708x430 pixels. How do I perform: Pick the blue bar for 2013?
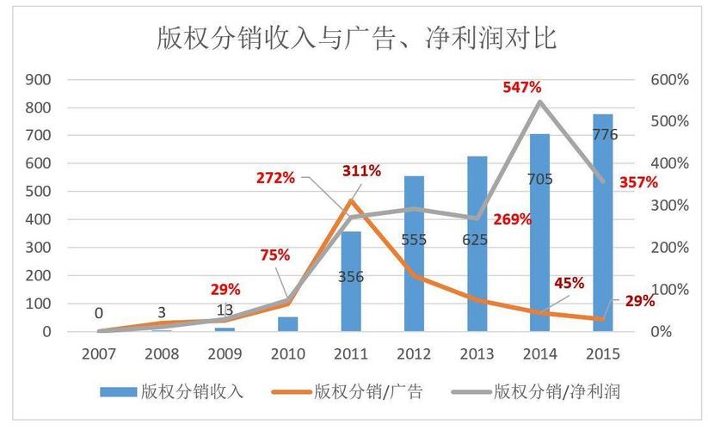click(x=477, y=249)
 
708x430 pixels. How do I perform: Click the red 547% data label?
click(x=521, y=87)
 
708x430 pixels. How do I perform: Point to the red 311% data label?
click(x=360, y=170)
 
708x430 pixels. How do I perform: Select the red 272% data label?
click(x=275, y=178)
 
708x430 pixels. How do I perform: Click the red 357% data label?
click(x=640, y=181)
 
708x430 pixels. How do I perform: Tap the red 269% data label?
click(x=513, y=219)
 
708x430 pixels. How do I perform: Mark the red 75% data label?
click(x=275, y=255)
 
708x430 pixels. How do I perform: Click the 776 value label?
click(x=604, y=134)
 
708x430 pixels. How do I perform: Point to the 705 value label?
click(x=540, y=179)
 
